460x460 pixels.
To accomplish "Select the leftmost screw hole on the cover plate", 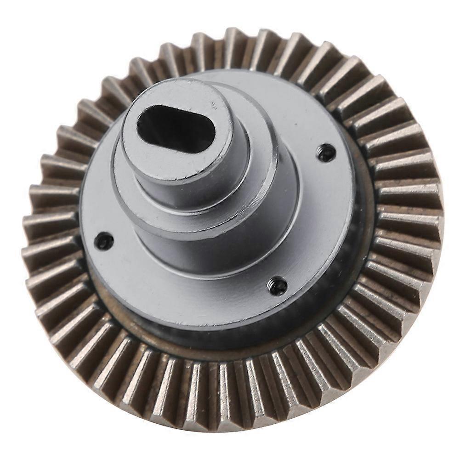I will click(105, 239).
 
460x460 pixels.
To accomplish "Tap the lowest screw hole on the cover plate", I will click(277, 286).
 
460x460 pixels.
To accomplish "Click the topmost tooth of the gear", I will click(234, 41).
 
